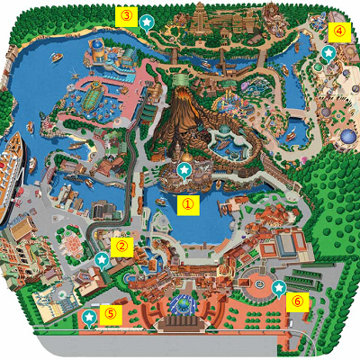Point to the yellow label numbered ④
click(x=338, y=30)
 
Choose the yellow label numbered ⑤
click(x=110, y=313)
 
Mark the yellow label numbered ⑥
click(x=297, y=301)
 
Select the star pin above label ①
click(x=184, y=169)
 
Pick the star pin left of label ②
click(x=102, y=259)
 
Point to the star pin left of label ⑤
click(x=88, y=317)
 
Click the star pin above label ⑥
click(x=279, y=286)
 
